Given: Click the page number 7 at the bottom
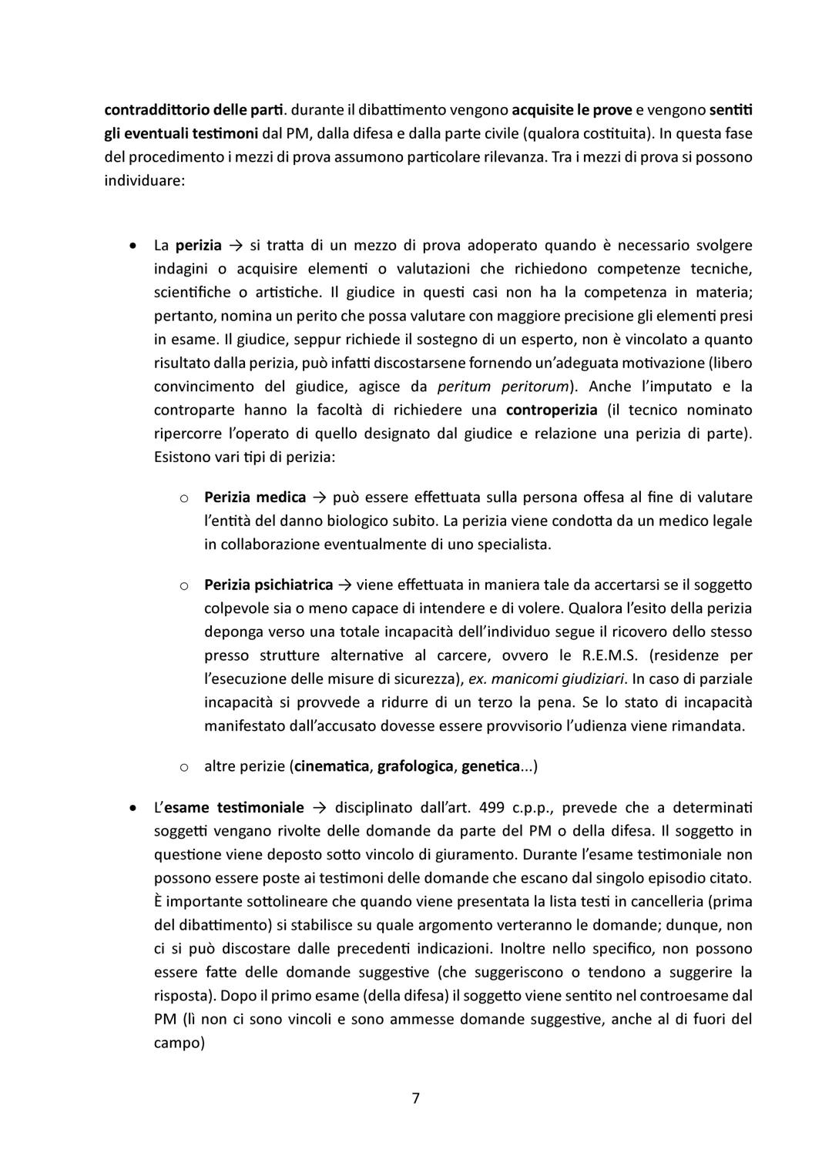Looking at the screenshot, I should [x=415, y=1098].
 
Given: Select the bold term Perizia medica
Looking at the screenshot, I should [x=255, y=498].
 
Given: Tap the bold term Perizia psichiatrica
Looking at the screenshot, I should [x=268, y=585].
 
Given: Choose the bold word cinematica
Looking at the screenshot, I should [x=332, y=766].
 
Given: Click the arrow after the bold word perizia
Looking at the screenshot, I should [x=236, y=246].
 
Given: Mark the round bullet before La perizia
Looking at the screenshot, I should [x=134, y=246].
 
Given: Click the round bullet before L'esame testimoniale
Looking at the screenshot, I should [x=134, y=809].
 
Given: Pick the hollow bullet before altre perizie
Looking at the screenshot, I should [x=184, y=767].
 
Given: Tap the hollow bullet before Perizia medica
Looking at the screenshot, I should [x=184, y=498].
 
